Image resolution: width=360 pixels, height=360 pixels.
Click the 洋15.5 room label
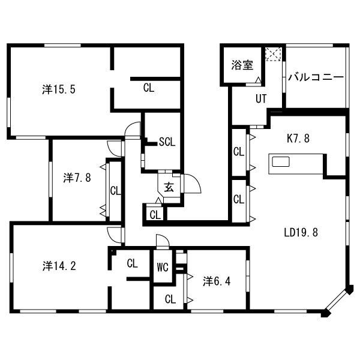[x=59, y=89]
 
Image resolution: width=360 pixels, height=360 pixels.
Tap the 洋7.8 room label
[x=77, y=178]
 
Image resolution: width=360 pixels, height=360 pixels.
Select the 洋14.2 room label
[x=59, y=266]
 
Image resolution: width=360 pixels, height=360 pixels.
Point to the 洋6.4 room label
[x=217, y=281]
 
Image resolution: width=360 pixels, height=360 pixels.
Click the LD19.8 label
[x=301, y=232]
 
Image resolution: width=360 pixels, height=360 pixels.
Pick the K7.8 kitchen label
[x=298, y=138]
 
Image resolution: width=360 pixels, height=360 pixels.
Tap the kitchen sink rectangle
[x=281, y=161]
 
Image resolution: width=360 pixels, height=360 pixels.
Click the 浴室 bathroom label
[x=242, y=65]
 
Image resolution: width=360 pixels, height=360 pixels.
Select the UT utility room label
[x=261, y=99]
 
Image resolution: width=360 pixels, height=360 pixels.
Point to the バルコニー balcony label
[x=316, y=77]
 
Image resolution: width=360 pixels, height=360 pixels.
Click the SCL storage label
[x=167, y=142]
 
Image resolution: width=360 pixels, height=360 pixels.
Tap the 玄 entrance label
[x=169, y=187]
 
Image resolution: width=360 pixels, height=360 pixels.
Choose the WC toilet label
[x=163, y=267]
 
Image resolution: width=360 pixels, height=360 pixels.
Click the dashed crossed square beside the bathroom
[x=273, y=54]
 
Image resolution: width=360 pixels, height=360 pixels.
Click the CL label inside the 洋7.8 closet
[x=115, y=191]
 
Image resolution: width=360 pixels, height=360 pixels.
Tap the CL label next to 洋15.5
[x=149, y=88]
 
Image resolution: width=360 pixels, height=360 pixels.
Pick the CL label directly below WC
[x=170, y=299]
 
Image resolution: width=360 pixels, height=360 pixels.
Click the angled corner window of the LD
[x=337, y=301]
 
